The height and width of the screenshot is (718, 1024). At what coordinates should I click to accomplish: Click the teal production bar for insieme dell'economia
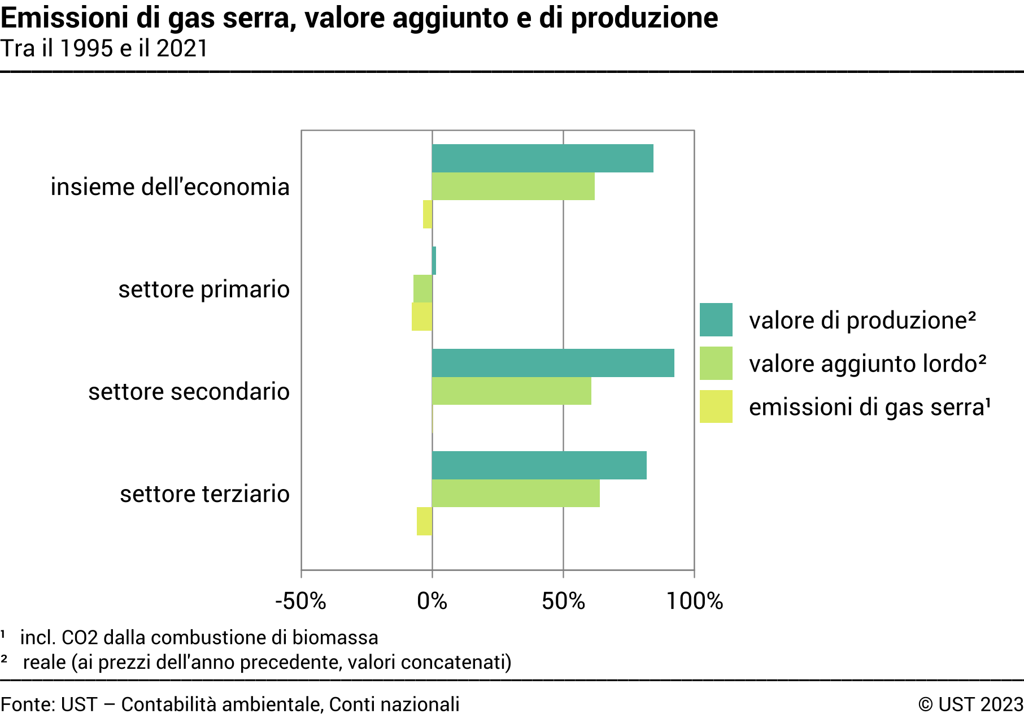(x=542, y=158)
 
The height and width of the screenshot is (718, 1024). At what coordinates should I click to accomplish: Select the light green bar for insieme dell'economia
(x=513, y=186)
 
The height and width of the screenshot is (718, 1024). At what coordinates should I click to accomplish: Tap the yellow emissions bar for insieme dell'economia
(x=428, y=214)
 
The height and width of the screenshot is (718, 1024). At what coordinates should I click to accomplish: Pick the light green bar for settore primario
(x=422, y=288)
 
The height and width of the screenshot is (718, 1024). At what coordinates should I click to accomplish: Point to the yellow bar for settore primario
(x=422, y=317)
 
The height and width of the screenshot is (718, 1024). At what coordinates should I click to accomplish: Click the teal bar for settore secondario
(x=553, y=363)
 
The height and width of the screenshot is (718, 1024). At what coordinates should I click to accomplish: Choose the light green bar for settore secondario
(x=511, y=391)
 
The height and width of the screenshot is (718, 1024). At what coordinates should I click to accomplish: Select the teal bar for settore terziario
(x=539, y=465)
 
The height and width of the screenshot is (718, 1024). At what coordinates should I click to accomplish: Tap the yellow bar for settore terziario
(x=424, y=521)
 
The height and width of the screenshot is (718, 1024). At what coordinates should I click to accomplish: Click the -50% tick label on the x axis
(x=300, y=601)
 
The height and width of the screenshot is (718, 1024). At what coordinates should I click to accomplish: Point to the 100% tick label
(x=694, y=601)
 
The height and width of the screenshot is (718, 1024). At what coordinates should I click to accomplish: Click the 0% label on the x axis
(x=432, y=601)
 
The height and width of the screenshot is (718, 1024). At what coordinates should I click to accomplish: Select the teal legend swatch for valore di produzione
(x=716, y=320)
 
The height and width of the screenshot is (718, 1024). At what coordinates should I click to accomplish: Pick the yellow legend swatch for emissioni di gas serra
(x=716, y=406)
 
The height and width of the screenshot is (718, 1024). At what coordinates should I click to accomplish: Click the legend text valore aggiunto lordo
(x=867, y=364)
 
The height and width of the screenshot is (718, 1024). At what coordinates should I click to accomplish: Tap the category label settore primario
(x=204, y=289)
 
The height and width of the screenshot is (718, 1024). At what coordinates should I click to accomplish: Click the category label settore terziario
(x=204, y=494)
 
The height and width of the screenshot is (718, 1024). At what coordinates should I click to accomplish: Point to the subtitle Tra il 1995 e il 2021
(x=104, y=49)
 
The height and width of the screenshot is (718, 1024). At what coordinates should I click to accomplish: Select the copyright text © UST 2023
(x=970, y=704)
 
